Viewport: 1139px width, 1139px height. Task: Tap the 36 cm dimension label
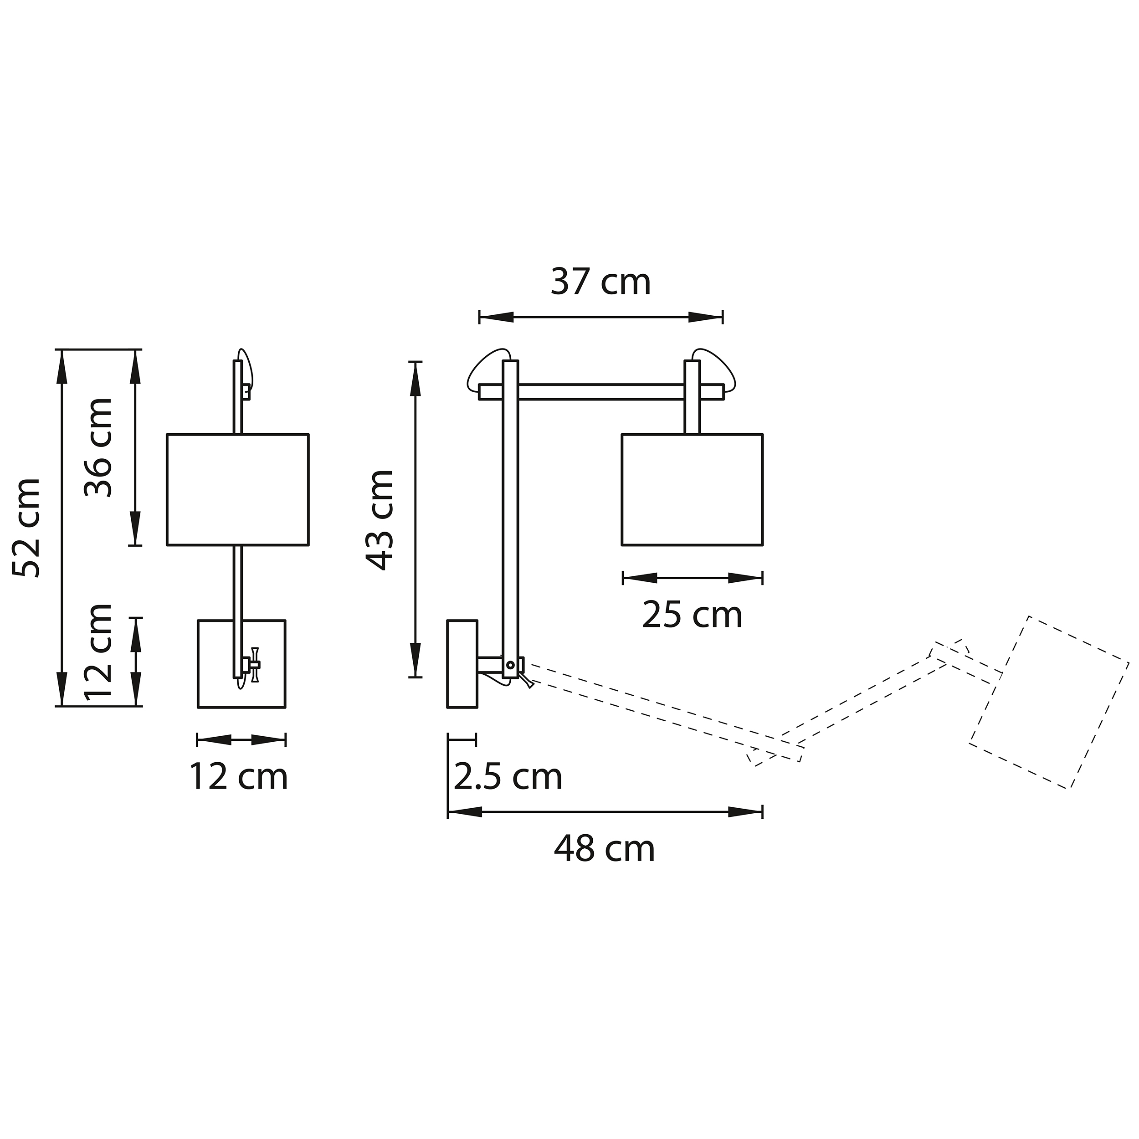pyautogui.click(x=98, y=447)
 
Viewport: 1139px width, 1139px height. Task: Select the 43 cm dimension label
pyautogui.click(x=380, y=521)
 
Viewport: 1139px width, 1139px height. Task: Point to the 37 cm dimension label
pyautogui.click(x=601, y=282)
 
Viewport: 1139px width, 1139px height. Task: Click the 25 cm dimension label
pyautogui.click(x=692, y=615)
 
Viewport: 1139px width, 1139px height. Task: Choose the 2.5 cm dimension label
pyautogui.click(x=508, y=777)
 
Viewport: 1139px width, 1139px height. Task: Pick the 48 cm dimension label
pyautogui.click(x=604, y=849)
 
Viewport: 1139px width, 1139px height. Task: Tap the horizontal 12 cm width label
pyautogui.click(x=239, y=776)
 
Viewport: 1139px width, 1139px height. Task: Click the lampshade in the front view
pyautogui.click(x=237, y=489)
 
